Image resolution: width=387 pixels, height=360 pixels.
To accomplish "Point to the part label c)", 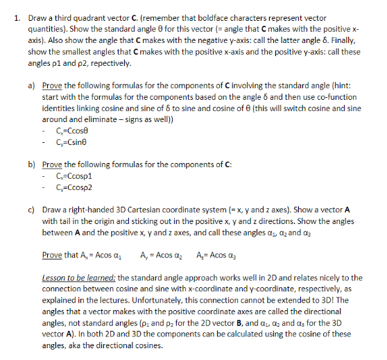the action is [x=33, y=209].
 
